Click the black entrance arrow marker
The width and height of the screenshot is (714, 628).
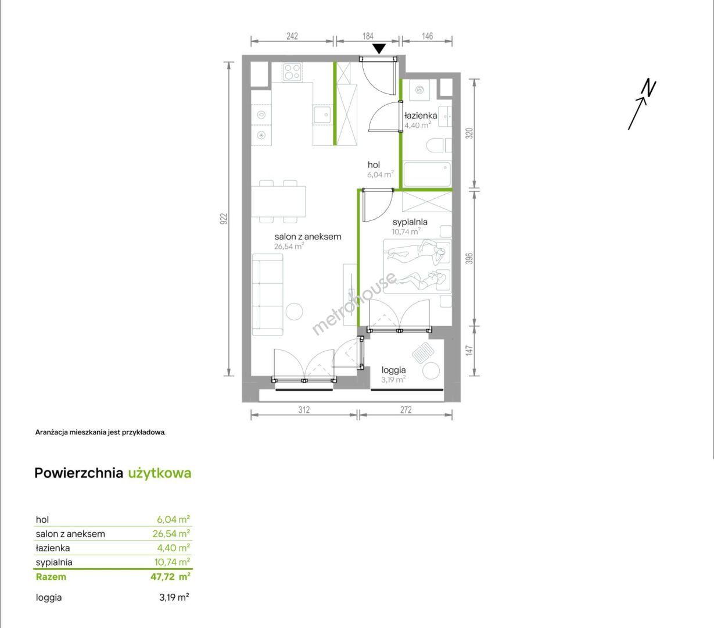tap(379, 49)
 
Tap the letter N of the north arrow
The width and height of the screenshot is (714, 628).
tap(649, 88)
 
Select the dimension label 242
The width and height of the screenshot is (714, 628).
tap(292, 36)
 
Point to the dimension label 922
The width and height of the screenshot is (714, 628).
tap(224, 219)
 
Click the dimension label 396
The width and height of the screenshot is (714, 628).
tap(469, 258)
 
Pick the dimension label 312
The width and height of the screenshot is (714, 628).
tap(304, 409)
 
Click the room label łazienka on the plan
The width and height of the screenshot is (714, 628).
tap(421, 115)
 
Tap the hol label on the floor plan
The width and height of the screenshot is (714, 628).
tap(374, 165)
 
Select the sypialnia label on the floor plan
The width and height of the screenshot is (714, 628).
tap(410, 222)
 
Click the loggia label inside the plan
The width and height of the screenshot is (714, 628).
tap(393, 370)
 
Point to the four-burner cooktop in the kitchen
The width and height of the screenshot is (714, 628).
tap(292, 72)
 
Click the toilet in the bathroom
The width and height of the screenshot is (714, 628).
tap(439, 145)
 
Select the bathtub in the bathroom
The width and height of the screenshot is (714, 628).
tap(427, 174)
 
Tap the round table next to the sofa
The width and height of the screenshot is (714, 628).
tap(295, 312)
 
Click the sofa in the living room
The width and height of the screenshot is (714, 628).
tap(268, 295)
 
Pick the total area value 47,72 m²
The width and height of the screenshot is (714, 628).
tap(171, 576)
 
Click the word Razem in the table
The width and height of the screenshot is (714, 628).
tap(51, 577)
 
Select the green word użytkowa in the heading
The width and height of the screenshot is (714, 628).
tap(160, 473)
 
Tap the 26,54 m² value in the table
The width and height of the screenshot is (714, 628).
tap(171, 533)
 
